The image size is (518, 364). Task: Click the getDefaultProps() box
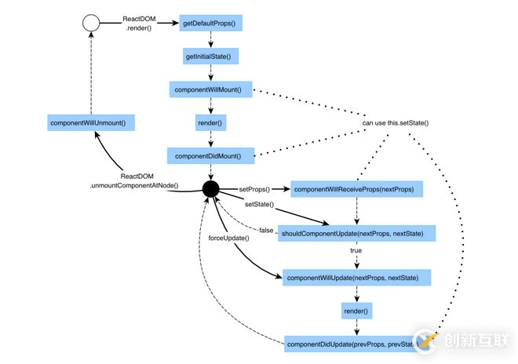point(210,24)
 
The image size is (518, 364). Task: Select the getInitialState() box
point(210,56)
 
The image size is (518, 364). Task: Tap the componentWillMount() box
point(210,89)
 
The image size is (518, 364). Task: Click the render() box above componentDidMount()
point(210,122)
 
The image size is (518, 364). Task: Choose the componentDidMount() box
point(210,155)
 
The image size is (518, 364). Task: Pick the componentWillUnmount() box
point(91,122)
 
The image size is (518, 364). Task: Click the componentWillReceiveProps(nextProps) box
point(356,189)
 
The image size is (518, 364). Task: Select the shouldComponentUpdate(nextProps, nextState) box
point(356,233)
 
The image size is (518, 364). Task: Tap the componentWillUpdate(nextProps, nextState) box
point(356,278)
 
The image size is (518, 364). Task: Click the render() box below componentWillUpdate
point(356,311)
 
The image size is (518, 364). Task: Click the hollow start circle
point(91,24)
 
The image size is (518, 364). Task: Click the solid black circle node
point(210,189)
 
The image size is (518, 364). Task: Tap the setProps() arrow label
point(254,189)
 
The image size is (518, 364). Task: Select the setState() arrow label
point(259,204)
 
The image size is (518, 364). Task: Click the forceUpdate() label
point(228,238)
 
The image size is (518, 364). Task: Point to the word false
point(266,231)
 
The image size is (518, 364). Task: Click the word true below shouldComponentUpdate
point(356,251)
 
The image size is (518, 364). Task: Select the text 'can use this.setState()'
point(395,122)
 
